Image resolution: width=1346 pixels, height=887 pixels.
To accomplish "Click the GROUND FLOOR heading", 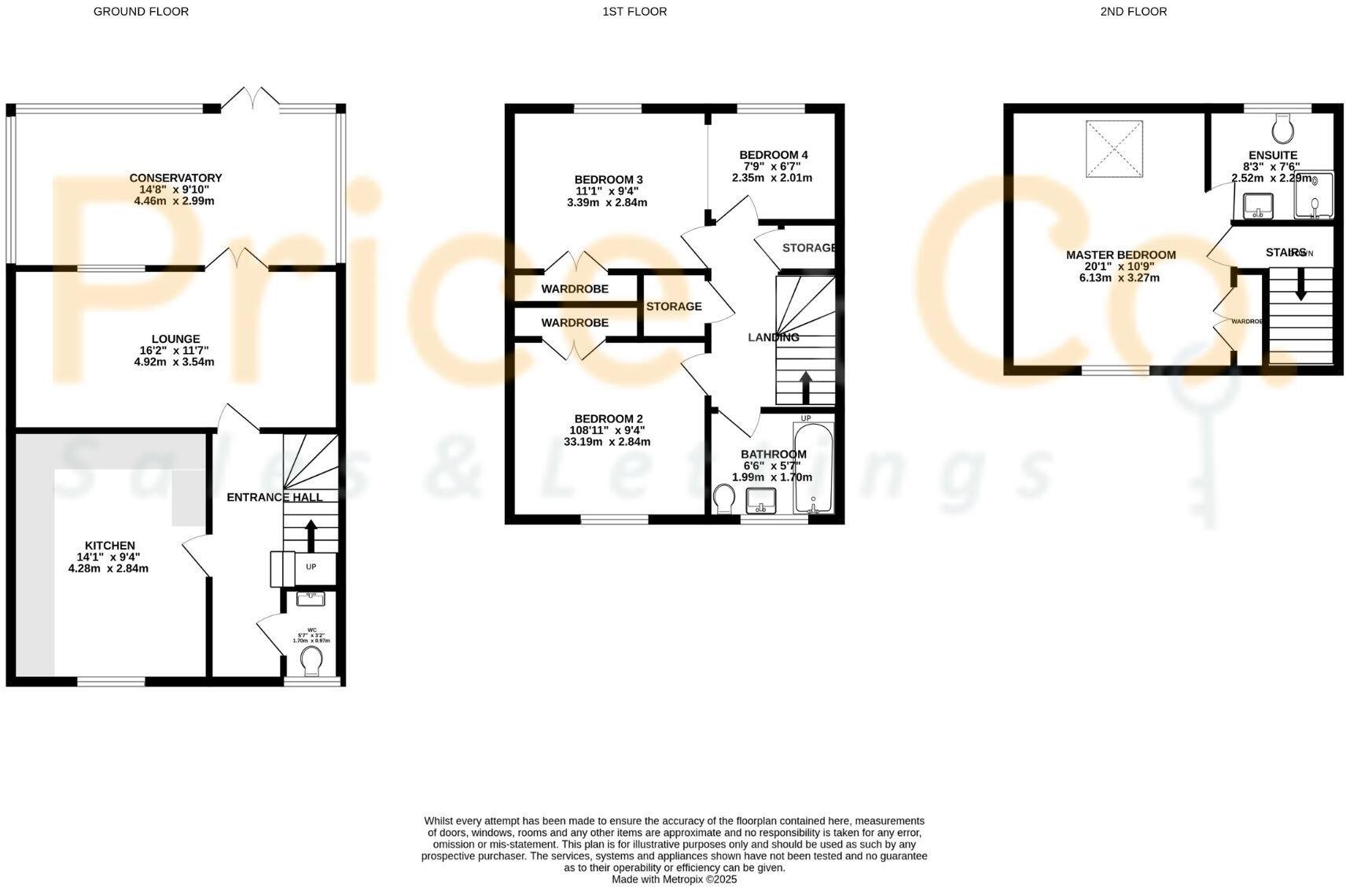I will coord(141,12).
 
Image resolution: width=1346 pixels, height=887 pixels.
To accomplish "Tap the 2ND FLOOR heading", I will coord(1133,12).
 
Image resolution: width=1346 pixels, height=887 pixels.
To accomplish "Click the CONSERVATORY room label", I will coord(175,178).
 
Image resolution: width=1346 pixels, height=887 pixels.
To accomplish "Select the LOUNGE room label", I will coord(175,339).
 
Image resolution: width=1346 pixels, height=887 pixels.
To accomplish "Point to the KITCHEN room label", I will coord(109,545).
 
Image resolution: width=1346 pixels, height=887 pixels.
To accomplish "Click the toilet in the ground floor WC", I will coord(312,660).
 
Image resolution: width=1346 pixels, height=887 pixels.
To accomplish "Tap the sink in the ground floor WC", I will coord(311,598).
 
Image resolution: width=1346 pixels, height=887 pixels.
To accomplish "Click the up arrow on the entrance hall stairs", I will coord(311,534).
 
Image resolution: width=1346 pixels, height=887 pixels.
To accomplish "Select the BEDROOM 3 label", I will coord(609,180).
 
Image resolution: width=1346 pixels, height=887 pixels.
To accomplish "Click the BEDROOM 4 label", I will coord(773,155).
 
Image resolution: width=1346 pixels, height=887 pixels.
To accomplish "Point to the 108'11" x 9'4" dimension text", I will coord(606,430).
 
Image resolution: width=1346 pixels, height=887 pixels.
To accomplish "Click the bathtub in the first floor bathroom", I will coord(812,469).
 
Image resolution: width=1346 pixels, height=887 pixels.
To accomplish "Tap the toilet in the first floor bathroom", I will coord(724,499).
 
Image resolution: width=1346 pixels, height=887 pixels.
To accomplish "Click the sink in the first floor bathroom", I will coord(760,499).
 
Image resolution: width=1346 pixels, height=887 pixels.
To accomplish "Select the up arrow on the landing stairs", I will coord(806,386).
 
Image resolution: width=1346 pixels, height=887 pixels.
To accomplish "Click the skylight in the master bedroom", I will coord(1113,148).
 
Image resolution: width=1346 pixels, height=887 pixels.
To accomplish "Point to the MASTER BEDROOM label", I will coord(1120,255).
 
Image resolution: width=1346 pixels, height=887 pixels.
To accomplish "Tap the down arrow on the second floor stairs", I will coord(1300,285).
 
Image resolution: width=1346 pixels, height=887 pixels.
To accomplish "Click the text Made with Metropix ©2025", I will coord(674,879).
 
